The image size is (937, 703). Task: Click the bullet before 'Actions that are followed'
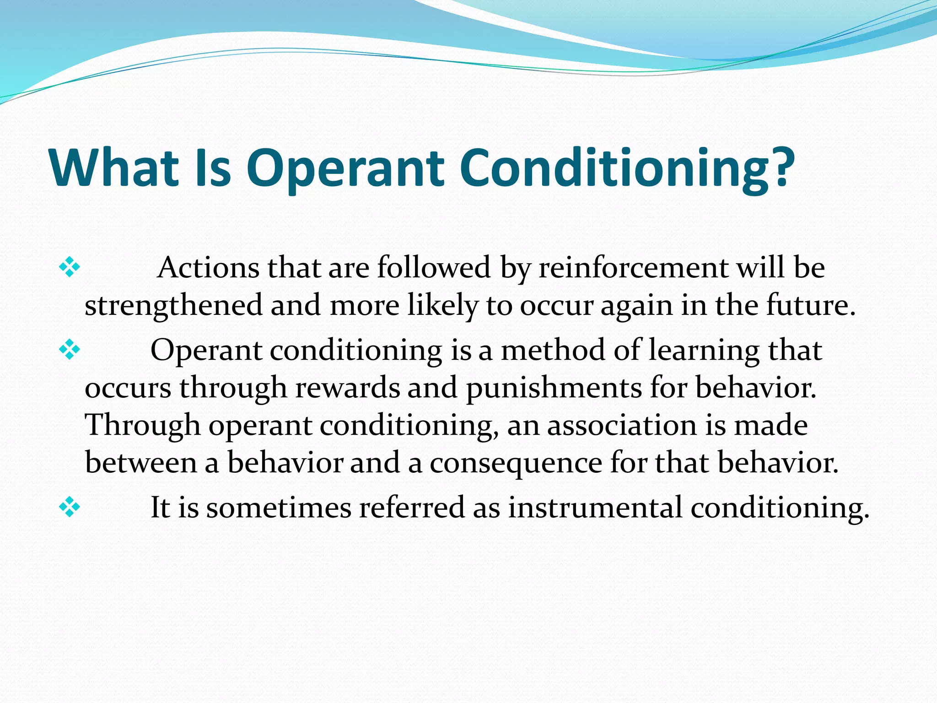pyautogui.click(x=70, y=267)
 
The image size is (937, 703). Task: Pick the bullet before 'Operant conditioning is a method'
pyautogui.click(x=70, y=350)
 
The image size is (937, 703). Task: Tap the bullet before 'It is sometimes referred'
pyautogui.click(x=70, y=507)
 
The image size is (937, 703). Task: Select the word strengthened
pyautogui.click(x=174, y=306)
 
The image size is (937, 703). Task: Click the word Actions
pyautogui.click(x=208, y=268)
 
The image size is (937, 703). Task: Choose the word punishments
pyautogui.click(x=554, y=388)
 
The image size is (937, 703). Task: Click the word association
pyautogui.click(x=622, y=426)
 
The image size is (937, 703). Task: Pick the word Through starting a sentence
pyautogui.click(x=143, y=426)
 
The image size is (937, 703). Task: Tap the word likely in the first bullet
pyautogui.click(x=442, y=306)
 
